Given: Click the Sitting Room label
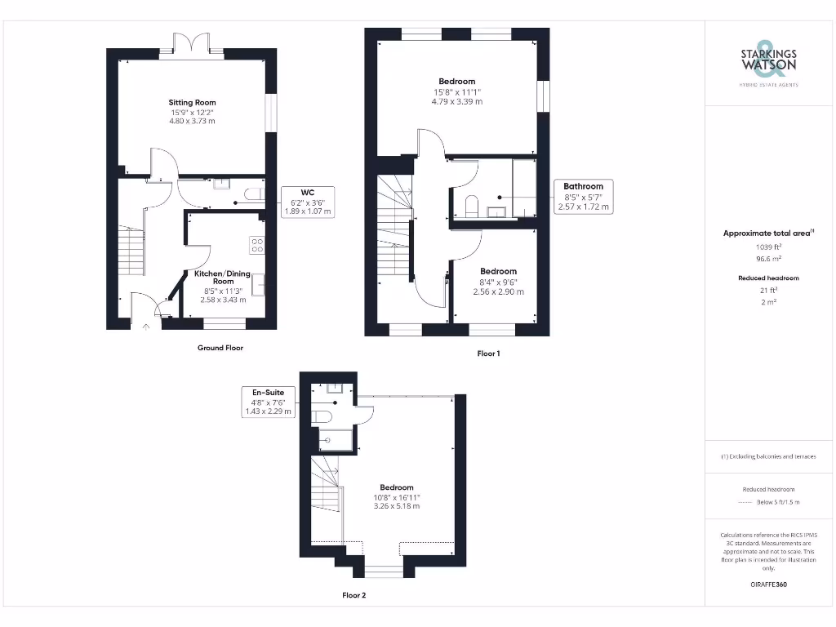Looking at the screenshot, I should tap(192, 102).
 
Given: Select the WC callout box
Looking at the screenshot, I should tap(308, 201).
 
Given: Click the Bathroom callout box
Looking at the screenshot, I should tap(583, 197).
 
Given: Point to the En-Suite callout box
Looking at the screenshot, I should tap(268, 402).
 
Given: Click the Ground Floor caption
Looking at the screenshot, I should tap(220, 348).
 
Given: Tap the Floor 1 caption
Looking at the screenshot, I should tap(489, 354).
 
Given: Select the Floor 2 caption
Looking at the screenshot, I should tap(354, 595).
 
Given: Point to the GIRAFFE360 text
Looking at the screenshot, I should tap(768, 585).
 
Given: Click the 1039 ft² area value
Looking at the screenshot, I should tap(768, 246).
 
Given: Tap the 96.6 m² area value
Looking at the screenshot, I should tap(768, 258).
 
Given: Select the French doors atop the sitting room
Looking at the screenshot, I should tap(191, 46).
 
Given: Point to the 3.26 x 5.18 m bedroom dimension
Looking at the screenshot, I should tap(396, 506).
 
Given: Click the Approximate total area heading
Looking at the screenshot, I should tap(768, 233).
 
